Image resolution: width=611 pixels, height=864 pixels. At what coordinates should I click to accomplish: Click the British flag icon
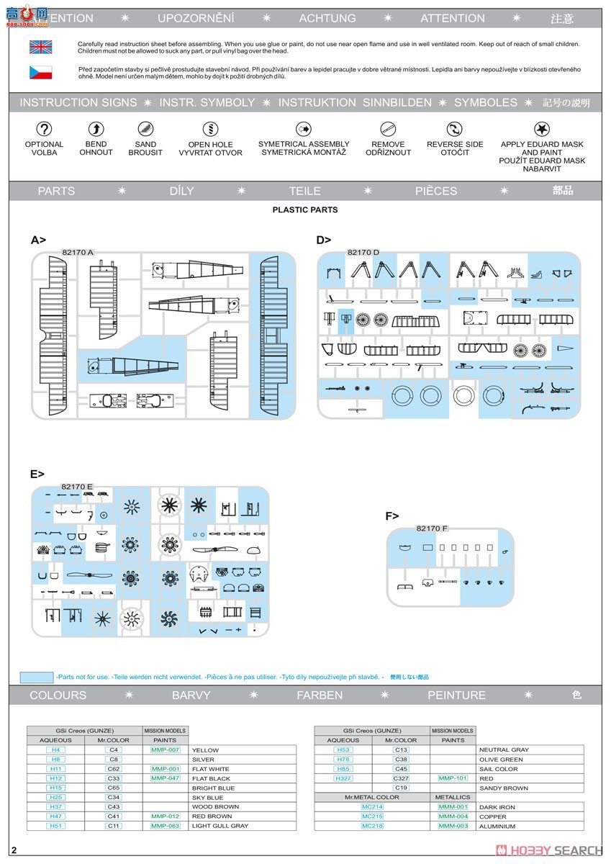(x=40, y=48)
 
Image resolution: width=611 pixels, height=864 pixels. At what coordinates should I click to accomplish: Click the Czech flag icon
(x=40, y=72)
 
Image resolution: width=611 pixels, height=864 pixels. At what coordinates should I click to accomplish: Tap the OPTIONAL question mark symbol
(x=45, y=130)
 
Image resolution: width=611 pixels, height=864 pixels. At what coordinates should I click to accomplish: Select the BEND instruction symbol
(x=96, y=130)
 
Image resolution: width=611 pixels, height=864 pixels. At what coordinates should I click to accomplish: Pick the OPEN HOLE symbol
(x=210, y=130)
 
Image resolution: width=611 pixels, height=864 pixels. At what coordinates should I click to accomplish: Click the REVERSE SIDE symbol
(x=454, y=130)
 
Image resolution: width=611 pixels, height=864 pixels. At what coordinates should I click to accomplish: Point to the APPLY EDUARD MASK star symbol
(x=542, y=130)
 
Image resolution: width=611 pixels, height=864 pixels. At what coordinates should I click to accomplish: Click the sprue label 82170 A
(x=78, y=253)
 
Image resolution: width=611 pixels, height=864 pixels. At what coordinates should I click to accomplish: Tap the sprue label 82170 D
(x=363, y=253)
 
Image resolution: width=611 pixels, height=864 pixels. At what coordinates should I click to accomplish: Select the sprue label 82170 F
(x=432, y=528)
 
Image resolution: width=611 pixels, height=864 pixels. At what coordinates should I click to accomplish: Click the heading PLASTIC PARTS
(x=305, y=210)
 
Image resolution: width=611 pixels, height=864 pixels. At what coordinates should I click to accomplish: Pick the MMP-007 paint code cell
(x=165, y=750)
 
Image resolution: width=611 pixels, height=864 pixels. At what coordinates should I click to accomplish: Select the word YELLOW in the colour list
(x=205, y=750)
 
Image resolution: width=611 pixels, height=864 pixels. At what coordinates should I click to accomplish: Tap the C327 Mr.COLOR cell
(x=401, y=778)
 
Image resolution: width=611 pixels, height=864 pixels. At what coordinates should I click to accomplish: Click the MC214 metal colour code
(x=372, y=807)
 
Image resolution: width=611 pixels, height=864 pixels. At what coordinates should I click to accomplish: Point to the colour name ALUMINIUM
(x=497, y=827)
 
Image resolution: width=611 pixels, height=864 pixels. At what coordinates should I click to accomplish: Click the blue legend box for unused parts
(x=36, y=678)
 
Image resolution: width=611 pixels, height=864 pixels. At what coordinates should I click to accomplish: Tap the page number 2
(x=14, y=851)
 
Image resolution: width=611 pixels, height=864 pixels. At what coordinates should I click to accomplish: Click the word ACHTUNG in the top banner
(x=327, y=19)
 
